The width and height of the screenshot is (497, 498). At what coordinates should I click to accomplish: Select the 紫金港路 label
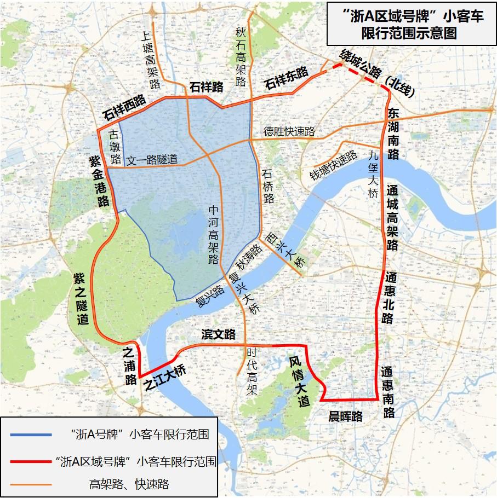click(99, 181)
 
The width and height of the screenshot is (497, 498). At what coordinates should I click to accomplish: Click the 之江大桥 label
click(164, 377)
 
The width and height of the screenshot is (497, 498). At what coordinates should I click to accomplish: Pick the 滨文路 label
click(218, 334)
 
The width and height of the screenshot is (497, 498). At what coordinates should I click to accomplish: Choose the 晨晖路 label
click(345, 416)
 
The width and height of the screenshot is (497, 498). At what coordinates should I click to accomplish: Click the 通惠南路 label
click(388, 392)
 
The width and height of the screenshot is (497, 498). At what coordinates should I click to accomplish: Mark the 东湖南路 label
click(393, 134)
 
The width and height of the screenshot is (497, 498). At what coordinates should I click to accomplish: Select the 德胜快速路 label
click(289, 132)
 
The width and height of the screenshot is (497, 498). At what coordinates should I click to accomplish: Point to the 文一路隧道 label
click(152, 160)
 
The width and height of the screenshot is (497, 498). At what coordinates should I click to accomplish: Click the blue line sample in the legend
click(31, 435)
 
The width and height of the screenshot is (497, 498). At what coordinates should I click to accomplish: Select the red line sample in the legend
click(31, 461)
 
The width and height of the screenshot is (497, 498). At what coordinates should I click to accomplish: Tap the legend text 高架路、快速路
click(129, 484)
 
